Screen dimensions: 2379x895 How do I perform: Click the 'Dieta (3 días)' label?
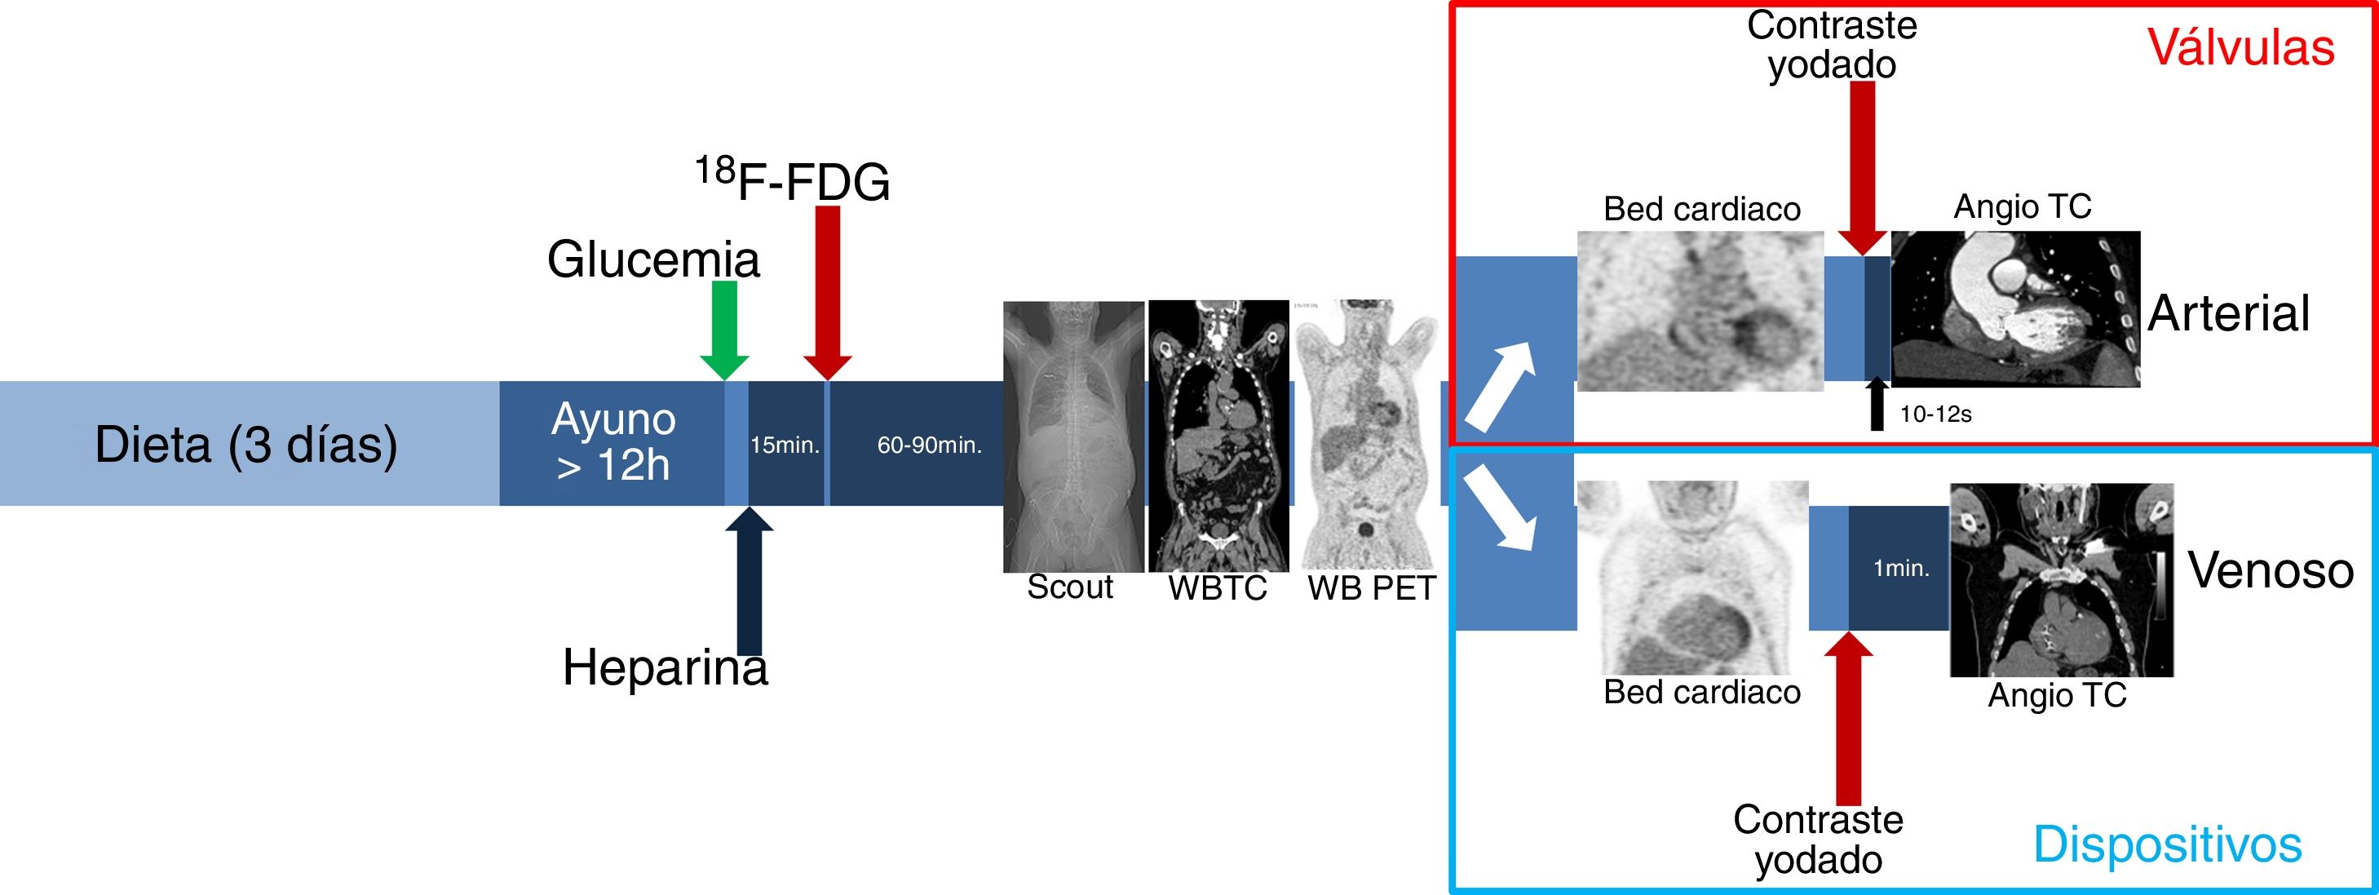point(245,445)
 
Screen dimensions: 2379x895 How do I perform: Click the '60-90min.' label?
point(928,445)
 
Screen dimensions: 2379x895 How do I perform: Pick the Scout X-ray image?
point(1073,436)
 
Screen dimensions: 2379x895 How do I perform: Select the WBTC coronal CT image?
point(1218,435)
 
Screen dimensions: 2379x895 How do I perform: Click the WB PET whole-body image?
point(1368,434)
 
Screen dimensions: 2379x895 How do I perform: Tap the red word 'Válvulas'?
point(2240,47)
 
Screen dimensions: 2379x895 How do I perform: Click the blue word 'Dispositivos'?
point(2167,844)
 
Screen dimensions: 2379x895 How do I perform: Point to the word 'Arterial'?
point(2227,313)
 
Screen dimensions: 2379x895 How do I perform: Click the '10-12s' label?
point(1935,414)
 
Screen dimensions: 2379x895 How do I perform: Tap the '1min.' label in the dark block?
point(1900,568)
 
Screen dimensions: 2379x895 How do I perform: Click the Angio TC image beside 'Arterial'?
point(2015,308)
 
